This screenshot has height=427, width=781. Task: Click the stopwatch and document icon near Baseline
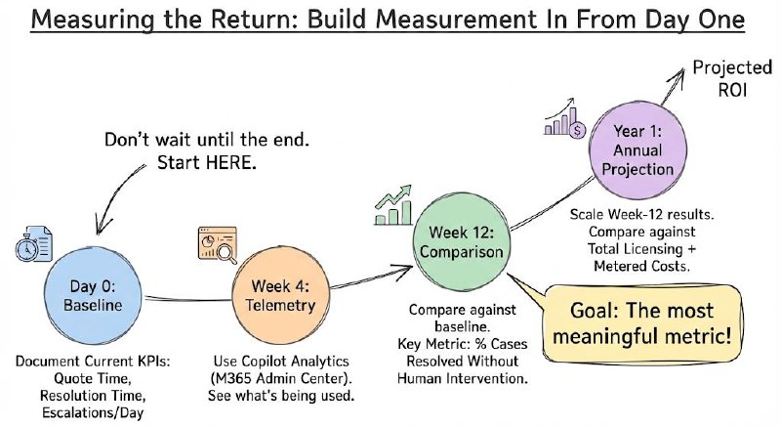(32, 241)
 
